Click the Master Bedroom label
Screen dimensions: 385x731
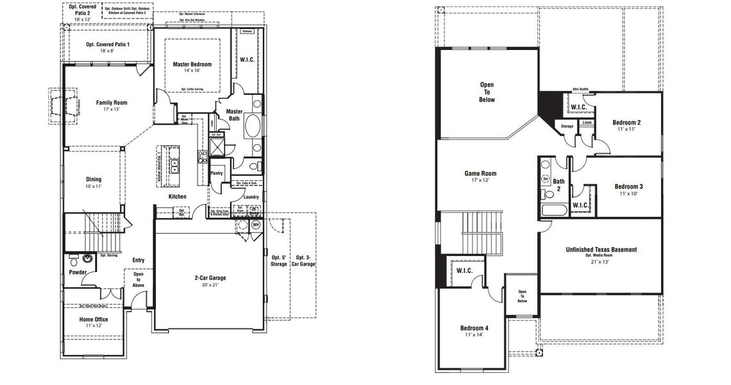pyautogui.click(x=192, y=64)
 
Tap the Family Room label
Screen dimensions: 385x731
pyautogui.click(x=112, y=103)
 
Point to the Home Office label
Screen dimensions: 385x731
pyautogui.click(x=94, y=319)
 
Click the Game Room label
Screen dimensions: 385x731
pyautogui.click(x=480, y=173)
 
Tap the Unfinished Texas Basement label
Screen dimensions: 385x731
pyautogui.click(x=601, y=250)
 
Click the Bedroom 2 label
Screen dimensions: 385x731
pyautogui.click(x=626, y=122)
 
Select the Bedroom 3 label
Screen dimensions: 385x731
pyautogui.click(x=628, y=187)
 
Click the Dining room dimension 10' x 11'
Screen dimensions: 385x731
pyautogui.click(x=94, y=187)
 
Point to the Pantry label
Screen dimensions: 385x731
pyautogui.click(x=217, y=173)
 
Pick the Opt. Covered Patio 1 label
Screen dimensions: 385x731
pyautogui.click(x=107, y=44)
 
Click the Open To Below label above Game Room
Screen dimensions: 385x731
pyautogui.click(x=487, y=92)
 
